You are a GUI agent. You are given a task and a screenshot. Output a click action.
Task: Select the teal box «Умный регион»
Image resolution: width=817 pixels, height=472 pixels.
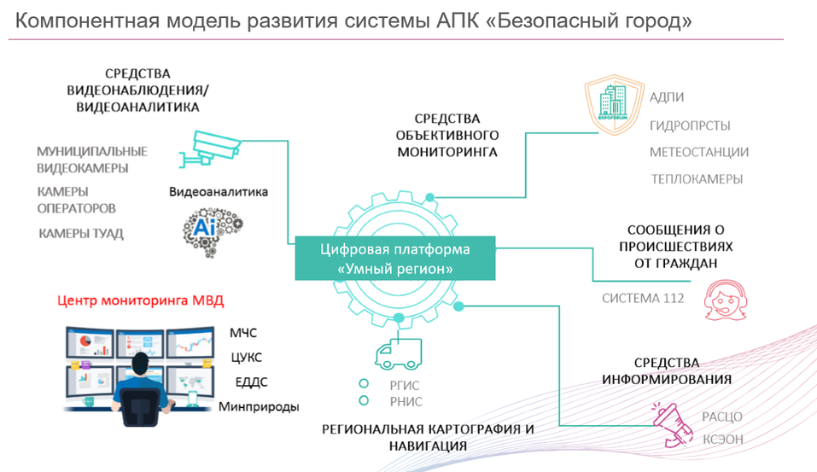394,259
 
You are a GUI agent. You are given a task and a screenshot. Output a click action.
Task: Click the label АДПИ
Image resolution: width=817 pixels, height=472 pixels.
666,97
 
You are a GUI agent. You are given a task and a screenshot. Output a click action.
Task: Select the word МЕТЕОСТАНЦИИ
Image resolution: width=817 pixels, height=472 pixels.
698,152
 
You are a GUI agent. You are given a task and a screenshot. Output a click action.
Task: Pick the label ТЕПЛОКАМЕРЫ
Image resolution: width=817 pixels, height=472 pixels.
697,179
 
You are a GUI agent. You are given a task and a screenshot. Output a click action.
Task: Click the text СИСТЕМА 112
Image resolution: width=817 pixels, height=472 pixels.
643,299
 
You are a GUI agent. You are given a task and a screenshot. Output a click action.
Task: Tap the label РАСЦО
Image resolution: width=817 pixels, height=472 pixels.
722,417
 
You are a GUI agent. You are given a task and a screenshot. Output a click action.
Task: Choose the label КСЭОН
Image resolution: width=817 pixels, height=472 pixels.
722,439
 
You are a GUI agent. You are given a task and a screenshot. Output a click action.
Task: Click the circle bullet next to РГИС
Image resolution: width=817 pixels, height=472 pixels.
364,384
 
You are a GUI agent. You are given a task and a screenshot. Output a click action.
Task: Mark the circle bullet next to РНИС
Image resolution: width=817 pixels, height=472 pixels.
364,400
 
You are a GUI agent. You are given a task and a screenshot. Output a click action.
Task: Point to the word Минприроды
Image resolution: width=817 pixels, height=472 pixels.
259,406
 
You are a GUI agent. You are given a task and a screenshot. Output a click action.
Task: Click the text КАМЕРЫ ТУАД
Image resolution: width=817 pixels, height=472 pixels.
81,233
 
